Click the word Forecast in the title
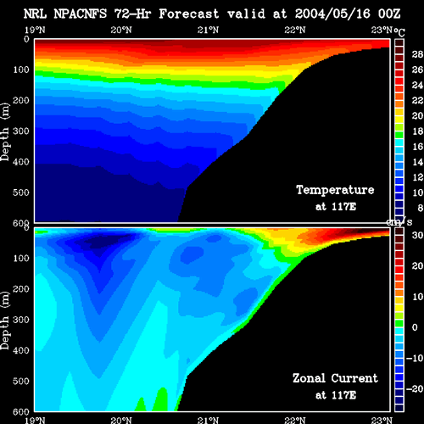coord(189,14)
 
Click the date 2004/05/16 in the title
coord(332,14)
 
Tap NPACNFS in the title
coord(81,14)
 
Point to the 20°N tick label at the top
coord(121,30)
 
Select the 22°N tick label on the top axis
coord(295,30)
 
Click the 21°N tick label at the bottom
coord(208,421)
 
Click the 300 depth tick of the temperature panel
coord(21,131)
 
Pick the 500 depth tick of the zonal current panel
coord(21,381)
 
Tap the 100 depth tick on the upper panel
coord(21,70)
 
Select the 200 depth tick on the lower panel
coord(21,289)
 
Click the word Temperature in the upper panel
coord(335,190)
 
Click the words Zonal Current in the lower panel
coord(335,378)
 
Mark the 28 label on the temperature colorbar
coord(417,54)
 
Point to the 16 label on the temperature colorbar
coord(417,147)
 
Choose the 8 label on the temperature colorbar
coord(420,208)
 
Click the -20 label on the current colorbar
coord(415,389)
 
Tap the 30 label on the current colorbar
coord(417,235)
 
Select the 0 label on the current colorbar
coord(415,327)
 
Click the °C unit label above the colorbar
coord(399,32)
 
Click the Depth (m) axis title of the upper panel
coord(5,132)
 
